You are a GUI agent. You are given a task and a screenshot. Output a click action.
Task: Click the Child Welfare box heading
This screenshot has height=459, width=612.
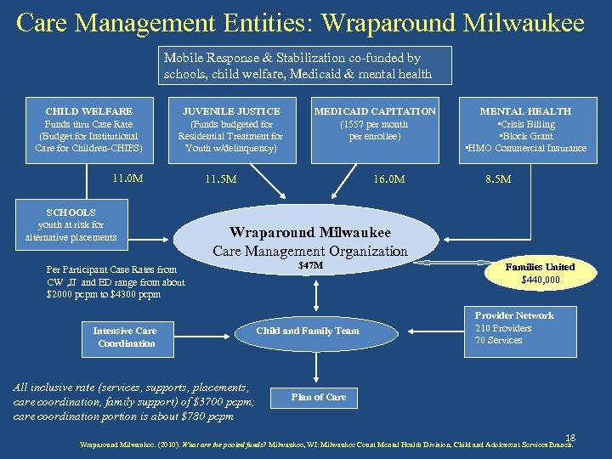click(89, 111)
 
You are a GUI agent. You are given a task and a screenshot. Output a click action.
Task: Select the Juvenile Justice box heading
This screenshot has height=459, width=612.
click(231, 111)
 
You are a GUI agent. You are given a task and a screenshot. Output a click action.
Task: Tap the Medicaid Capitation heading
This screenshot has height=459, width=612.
click(375, 111)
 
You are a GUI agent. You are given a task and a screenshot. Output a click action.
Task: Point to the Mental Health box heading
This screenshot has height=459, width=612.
click(525, 111)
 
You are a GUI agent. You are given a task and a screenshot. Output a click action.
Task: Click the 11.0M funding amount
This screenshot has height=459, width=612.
click(127, 178)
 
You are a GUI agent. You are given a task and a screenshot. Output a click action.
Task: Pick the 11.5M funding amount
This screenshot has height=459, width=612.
click(221, 180)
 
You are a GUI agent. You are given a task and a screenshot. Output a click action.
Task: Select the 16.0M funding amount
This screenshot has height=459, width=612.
click(390, 179)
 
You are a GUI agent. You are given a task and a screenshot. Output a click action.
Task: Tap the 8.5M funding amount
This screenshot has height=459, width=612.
click(497, 179)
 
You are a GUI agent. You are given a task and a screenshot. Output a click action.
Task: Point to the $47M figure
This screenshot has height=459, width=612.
click(310, 267)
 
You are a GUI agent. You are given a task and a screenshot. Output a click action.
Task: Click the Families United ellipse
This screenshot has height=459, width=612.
click(540, 272)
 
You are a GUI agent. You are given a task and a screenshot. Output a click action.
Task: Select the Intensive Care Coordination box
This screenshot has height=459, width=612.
click(126, 337)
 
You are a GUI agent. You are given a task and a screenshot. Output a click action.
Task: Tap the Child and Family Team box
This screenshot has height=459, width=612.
click(308, 331)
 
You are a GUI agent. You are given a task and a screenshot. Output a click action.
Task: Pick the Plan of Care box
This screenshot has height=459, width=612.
click(318, 397)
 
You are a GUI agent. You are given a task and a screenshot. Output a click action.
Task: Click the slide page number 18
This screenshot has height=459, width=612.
click(570, 433)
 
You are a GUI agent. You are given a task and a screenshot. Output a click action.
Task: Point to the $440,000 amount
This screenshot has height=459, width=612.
click(540, 279)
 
